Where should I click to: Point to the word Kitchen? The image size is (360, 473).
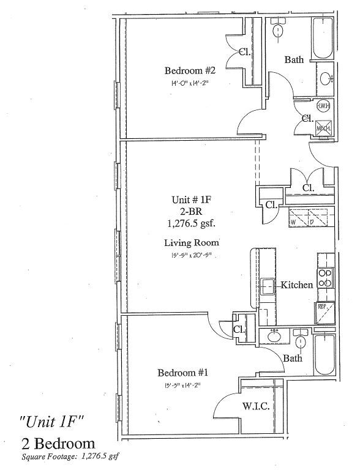(297, 285)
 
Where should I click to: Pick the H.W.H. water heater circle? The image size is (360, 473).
(324, 106)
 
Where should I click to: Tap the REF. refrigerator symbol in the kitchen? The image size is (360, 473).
(324, 312)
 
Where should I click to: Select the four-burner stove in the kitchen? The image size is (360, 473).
(325, 278)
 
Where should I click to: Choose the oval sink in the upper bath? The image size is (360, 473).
(325, 78)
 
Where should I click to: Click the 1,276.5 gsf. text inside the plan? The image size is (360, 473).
(190, 223)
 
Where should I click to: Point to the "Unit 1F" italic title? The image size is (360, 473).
(53, 422)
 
